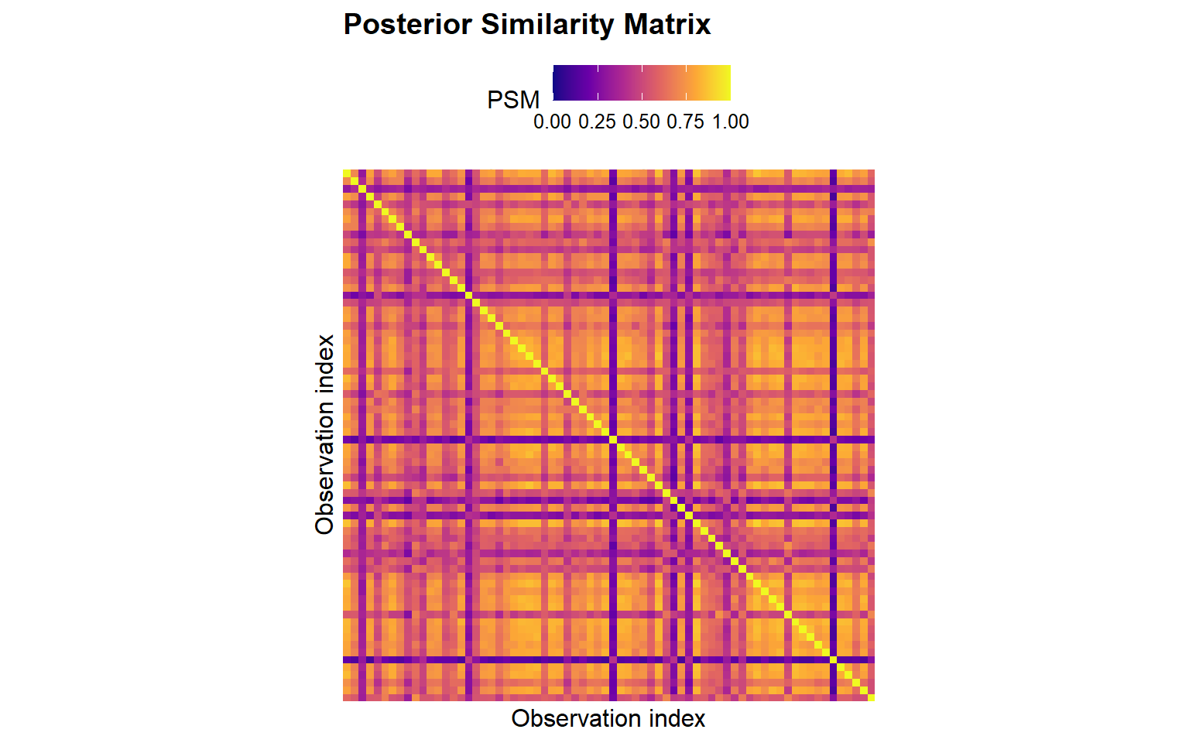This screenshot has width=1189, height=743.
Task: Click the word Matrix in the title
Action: click(x=667, y=25)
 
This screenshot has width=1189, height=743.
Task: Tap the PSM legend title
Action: click(x=512, y=100)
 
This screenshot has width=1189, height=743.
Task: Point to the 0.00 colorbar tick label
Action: click(x=552, y=122)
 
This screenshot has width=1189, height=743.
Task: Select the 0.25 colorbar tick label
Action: click(x=597, y=122)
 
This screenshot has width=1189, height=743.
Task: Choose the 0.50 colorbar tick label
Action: click(x=641, y=122)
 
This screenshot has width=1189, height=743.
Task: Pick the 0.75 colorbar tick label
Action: click(x=686, y=122)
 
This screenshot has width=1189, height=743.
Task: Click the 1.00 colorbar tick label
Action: click(x=731, y=122)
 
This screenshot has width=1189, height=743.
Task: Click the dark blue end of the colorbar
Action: click(x=557, y=83)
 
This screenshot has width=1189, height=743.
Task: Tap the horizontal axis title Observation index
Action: click(x=608, y=719)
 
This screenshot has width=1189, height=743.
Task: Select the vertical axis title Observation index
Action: click(x=325, y=434)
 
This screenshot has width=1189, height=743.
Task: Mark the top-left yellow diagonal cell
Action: click(x=347, y=173)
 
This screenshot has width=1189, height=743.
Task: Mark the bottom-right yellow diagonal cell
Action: click(x=871, y=697)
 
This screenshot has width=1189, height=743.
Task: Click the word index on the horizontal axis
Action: click(x=677, y=719)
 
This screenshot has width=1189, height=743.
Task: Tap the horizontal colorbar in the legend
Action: click(x=642, y=83)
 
